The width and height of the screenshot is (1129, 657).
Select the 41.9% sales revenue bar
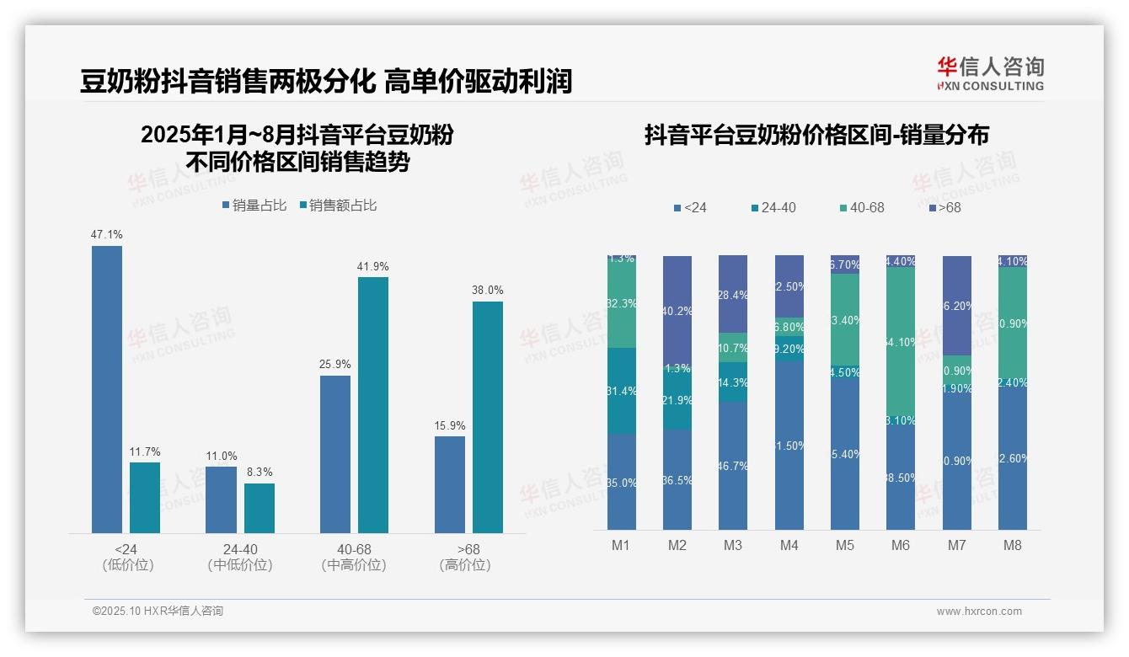tap(373, 404)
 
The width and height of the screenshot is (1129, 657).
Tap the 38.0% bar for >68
tap(488, 417)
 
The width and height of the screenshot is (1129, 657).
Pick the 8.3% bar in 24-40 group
tap(260, 508)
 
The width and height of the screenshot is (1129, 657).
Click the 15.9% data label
tap(450, 426)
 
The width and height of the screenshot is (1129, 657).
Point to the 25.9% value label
tap(335, 365)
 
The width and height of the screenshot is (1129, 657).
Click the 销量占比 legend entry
tap(255, 205)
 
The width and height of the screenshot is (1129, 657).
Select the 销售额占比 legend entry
tap(337, 205)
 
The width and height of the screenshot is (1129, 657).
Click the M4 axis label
tap(789, 545)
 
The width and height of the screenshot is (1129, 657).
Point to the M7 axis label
tap(956, 545)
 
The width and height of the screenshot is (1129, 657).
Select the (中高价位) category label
tap(354, 565)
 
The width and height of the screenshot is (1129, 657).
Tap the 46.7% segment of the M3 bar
tap(733, 465)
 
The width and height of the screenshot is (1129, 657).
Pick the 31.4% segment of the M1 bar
tap(622, 391)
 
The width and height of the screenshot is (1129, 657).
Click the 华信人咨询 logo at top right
tap(990, 73)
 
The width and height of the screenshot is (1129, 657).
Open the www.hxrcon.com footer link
tap(979, 612)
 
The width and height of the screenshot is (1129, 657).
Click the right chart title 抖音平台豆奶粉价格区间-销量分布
tap(816, 135)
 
